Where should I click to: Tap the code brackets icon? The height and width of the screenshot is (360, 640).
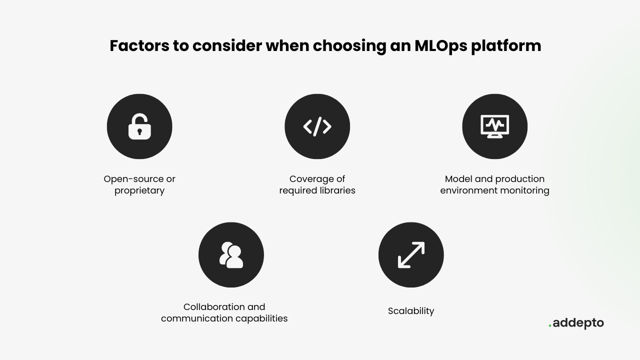click(x=317, y=126)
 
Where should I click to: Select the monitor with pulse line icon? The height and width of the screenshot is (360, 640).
click(x=495, y=126)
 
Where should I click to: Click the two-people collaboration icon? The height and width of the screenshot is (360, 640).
click(x=231, y=255)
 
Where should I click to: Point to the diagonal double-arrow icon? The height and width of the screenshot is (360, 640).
click(x=411, y=255)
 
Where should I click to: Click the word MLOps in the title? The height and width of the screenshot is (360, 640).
click(x=441, y=46)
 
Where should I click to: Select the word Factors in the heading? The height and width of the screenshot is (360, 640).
click(x=139, y=45)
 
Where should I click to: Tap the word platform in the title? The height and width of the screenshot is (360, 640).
click(x=506, y=46)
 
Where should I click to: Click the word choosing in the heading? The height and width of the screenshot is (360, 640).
click(x=349, y=46)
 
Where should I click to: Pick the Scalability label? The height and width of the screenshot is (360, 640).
click(x=411, y=311)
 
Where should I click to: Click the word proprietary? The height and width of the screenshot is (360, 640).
click(x=139, y=191)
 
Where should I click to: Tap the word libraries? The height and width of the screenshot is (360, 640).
click(x=337, y=190)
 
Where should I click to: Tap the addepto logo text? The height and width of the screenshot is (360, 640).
click(x=576, y=323)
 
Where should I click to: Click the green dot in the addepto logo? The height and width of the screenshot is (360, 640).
click(x=550, y=325)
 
